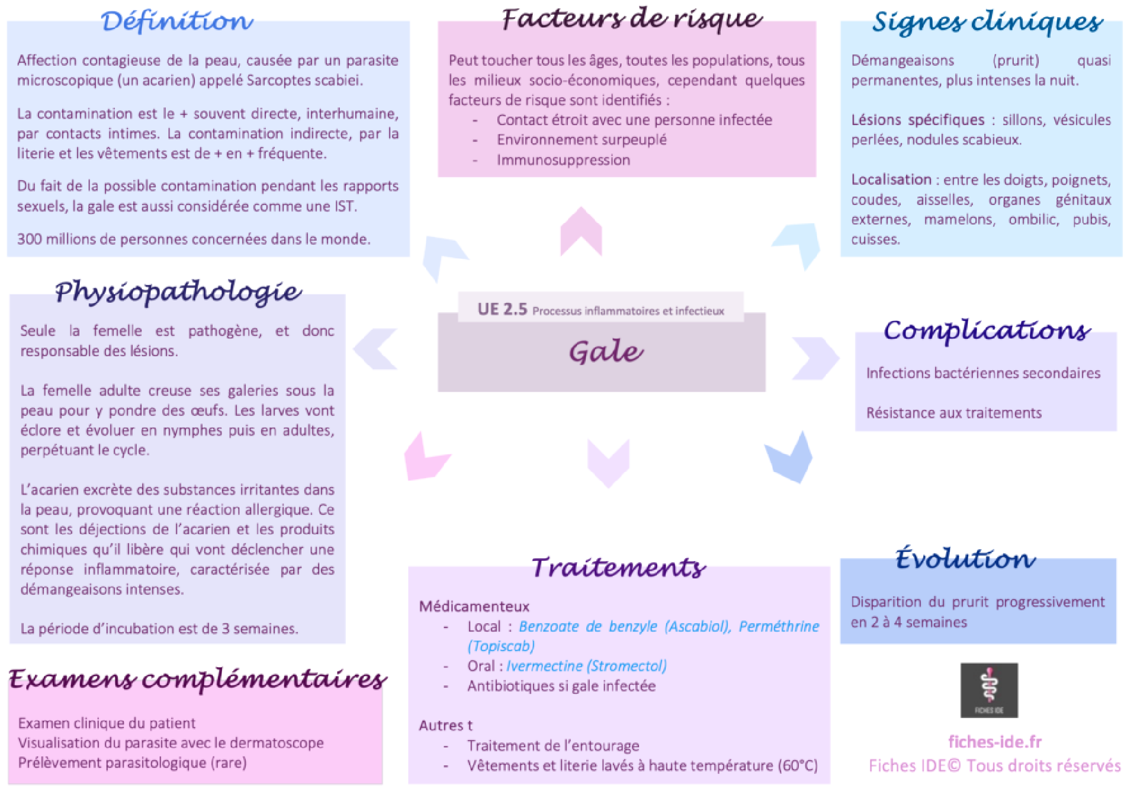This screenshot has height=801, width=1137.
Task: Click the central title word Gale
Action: click(606, 351)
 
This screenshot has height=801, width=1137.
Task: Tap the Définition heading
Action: click(177, 21)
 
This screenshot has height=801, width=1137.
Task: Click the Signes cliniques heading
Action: click(987, 22)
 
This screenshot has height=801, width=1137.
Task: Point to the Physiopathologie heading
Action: click(178, 291)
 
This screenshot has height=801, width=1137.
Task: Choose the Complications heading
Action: click(987, 330)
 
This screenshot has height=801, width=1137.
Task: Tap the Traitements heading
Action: click(618, 567)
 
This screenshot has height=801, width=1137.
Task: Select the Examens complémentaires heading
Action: click(198, 679)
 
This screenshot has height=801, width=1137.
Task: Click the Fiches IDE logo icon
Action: click(989, 690)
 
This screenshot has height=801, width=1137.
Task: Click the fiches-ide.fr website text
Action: click(995, 742)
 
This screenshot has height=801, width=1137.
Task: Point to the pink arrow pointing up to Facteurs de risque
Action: click(581, 232)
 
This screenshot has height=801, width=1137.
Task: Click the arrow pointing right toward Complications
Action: click(816, 358)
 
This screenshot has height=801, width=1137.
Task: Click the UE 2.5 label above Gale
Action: click(502, 309)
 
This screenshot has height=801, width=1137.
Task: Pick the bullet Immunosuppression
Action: click(563, 160)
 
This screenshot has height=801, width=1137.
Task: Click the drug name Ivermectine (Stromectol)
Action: click(586, 666)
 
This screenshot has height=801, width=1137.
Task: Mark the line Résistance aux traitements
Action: click(953, 413)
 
